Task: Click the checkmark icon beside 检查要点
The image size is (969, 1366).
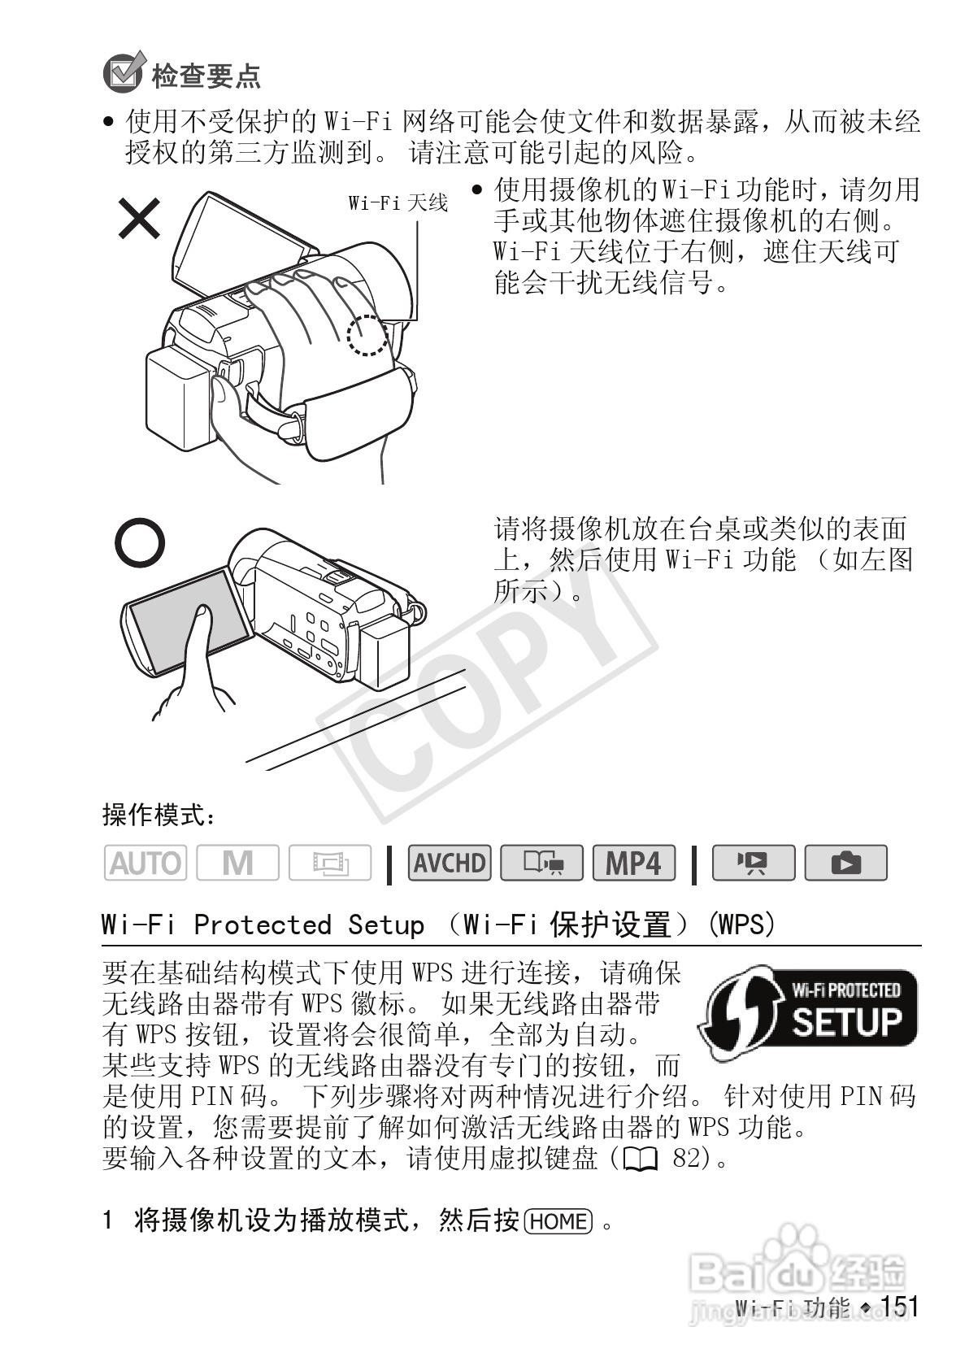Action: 123,72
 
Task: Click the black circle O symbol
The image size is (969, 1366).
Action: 139,543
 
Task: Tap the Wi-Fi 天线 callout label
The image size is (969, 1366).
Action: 398,203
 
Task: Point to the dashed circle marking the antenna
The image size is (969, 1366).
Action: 367,335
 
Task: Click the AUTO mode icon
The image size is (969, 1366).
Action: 145,863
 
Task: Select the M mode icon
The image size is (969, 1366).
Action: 237,863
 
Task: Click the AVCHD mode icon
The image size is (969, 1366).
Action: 450,863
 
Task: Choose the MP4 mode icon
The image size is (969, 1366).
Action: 634,863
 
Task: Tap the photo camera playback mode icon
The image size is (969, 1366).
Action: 845,863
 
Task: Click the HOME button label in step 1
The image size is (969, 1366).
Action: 558,1221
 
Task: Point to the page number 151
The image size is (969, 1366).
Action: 899,1307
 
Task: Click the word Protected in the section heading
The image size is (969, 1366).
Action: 262,924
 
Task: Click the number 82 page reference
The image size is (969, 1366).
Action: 687,1158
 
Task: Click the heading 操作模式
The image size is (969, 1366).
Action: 159,814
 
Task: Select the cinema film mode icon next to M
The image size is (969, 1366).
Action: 330,863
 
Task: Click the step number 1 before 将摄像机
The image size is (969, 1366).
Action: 107,1221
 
